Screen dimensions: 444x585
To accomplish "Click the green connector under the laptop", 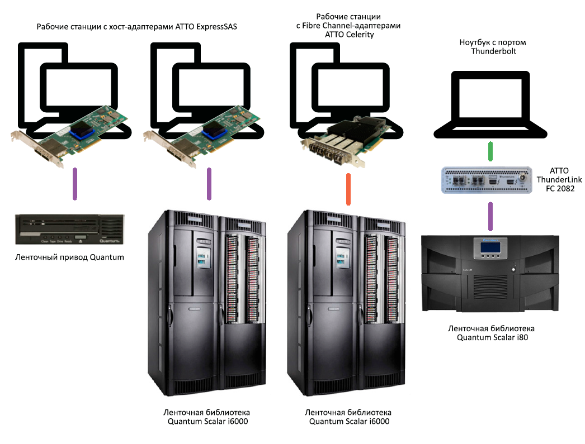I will click(x=490, y=151).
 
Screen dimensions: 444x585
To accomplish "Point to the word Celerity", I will click(x=357, y=35).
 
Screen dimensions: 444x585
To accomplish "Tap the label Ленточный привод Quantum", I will click(x=69, y=257).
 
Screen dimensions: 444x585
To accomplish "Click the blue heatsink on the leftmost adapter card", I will click(x=83, y=132).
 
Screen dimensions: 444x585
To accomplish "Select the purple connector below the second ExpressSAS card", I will click(x=209, y=184).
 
